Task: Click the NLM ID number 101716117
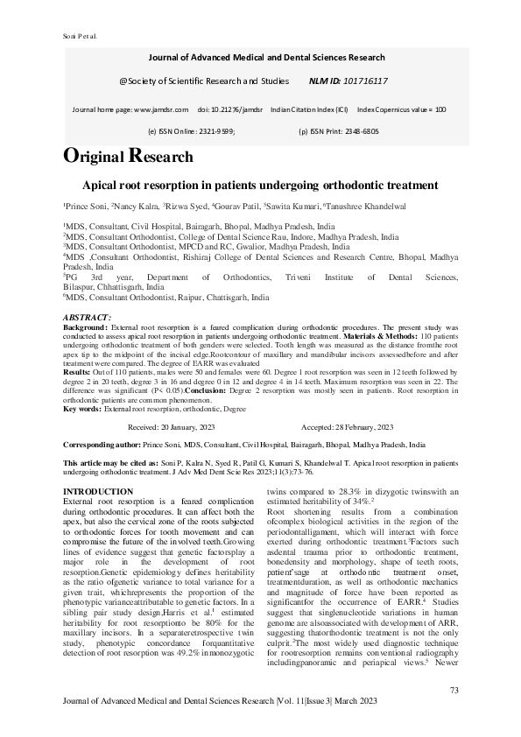coord(361,81)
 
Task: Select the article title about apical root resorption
coord(259,186)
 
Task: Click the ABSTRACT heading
coord(88,316)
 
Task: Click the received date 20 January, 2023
coord(196,427)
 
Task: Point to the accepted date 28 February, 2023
coord(360,427)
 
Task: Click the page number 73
coord(454,691)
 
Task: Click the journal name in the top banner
coord(266,57)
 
